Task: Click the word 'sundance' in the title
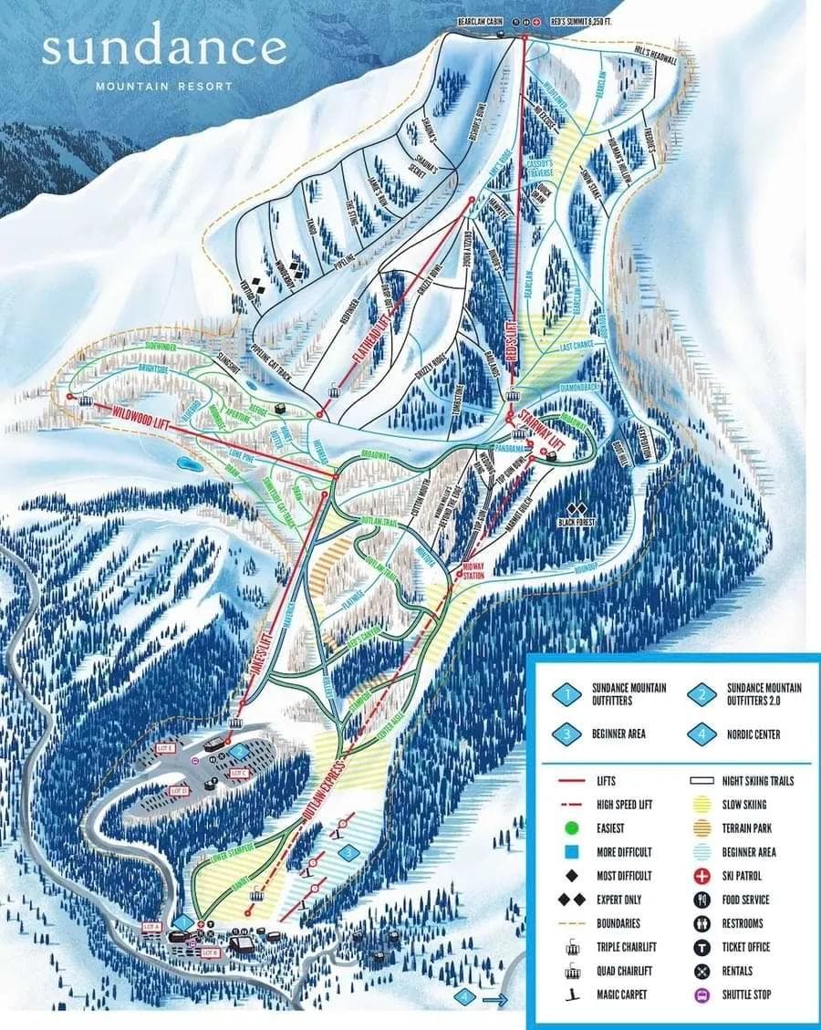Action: (x=164, y=48)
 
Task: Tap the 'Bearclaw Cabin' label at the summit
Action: (x=481, y=20)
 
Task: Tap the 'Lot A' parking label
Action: (x=151, y=927)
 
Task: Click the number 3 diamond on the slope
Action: (x=348, y=851)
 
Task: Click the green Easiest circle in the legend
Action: (x=569, y=828)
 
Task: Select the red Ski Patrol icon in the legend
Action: (x=703, y=876)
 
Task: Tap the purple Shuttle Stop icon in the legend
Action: (x=703, y=994)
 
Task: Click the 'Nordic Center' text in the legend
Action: (x=753, y=733)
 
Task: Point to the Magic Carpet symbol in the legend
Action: (x=569, y=994)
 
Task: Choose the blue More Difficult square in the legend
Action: (x=569, y=852)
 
